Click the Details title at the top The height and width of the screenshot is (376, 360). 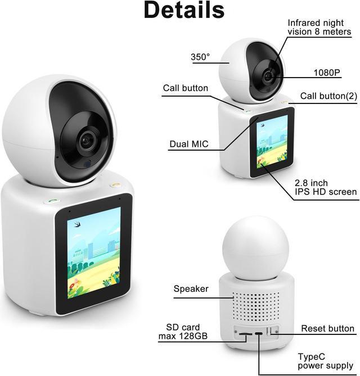coord(183,10)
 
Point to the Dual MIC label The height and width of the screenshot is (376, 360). coord(189,144)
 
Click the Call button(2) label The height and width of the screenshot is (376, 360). coord(328,96)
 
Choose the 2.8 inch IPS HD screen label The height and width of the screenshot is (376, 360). coord(326,188)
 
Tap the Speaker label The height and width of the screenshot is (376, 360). coord(191,289)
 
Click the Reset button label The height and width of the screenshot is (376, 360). coord(328,328)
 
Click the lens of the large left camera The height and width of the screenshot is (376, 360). coord(87,141)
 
